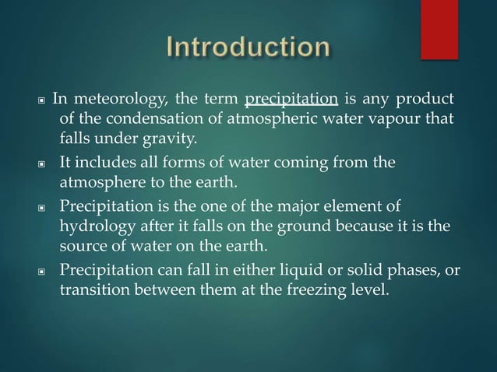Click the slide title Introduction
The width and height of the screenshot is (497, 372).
pos(248,49)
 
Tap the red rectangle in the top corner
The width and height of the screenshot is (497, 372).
pos(439,30)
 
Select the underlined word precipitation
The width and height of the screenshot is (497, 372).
pos(291,100)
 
